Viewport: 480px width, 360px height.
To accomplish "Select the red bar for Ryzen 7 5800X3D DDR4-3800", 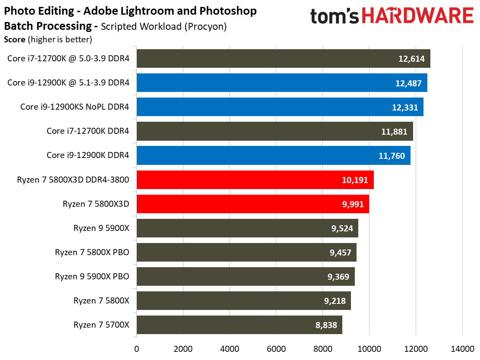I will coord(255,180).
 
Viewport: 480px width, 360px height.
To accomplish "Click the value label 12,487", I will coord(408,83).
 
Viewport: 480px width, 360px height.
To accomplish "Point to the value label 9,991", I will coord(354,204).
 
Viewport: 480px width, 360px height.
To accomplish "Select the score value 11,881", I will coord(394,132).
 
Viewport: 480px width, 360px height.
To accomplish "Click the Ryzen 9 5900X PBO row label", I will coord(92,276).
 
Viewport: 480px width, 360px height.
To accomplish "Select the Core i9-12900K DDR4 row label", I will coord(88,155).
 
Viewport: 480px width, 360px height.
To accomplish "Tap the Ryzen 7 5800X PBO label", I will coord(92,252).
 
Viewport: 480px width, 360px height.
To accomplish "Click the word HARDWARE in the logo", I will coord(417,16).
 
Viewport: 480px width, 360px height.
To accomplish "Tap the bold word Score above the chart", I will coord(14,40).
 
